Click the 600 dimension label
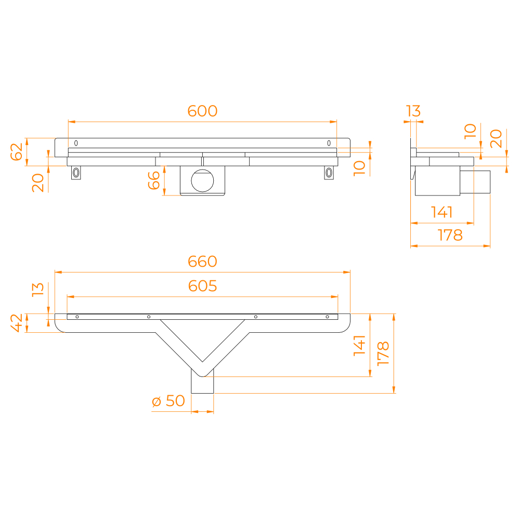[202, 111]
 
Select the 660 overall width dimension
[202, 262]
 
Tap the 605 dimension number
[202, 286]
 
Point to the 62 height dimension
[16, 152]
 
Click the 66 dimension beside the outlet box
[154, 180]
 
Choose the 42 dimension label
[16, 323]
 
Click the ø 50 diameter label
[168, 401]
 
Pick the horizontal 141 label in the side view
[441, 212]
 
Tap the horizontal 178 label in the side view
[450, 235]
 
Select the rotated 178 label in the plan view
[383, 354]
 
